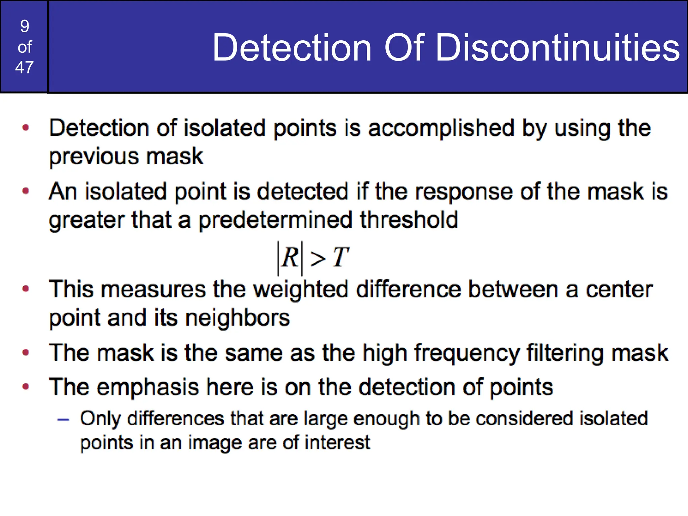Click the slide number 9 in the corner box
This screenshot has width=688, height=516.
[25, 26]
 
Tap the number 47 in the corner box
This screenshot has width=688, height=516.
[25, 68]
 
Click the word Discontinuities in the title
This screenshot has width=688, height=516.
[557, 48]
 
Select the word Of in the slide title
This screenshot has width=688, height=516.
[404, 48]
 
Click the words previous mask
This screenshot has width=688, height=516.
[126, 157]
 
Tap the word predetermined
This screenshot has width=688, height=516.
[275, 220]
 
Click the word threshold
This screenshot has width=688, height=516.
[409, 220]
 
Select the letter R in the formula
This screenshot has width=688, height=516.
[290, 258]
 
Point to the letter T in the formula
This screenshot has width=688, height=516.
[340, 258]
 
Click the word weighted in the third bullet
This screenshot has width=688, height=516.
[300, 290]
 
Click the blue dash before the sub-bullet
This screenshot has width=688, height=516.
[63, 420]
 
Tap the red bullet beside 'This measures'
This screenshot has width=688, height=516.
[26, 289]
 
